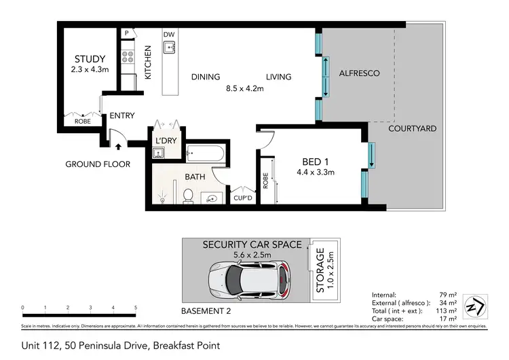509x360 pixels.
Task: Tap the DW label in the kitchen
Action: [x=169, y=33]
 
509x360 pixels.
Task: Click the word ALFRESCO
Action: [x=359, y=73]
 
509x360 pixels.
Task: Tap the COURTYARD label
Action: [x=412, y=128]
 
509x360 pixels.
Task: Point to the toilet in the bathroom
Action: [x=189, y=196]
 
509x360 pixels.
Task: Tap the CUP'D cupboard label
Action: [x=242, y=198]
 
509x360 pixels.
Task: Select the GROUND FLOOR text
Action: [x=98, y=164]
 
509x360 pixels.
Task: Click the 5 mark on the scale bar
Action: [x=136, y=308]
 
